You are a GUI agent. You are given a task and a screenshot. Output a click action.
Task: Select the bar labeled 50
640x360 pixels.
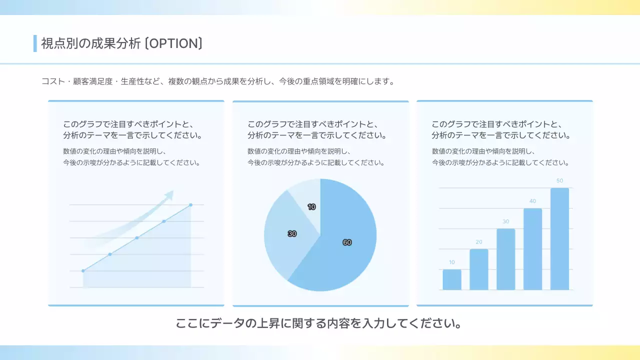[559, 239]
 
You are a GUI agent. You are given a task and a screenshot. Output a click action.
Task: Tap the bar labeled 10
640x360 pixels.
[452, 279]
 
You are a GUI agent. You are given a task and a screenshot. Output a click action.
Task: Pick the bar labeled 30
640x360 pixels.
[505, 259]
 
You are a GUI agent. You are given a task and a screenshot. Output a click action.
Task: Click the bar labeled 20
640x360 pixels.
[479, 269]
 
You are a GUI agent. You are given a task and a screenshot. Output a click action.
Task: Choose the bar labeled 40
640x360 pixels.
[532, 249]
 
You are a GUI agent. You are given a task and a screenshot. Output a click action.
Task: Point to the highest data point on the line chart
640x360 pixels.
[190, 204]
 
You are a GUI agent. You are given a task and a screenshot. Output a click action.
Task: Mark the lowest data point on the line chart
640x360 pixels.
[83, 271]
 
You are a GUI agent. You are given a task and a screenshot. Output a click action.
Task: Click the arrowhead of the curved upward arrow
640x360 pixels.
[170, 194]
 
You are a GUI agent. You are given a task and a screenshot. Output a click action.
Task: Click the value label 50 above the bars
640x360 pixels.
[559, 180]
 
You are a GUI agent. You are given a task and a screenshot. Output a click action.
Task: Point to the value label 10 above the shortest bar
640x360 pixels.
[452, 262]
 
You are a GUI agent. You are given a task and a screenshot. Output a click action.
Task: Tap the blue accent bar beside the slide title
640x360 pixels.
[35, 43]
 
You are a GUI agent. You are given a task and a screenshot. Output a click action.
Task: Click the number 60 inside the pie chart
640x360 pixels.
[347, 242]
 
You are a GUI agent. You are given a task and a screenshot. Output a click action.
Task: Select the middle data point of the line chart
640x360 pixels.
[137, 237]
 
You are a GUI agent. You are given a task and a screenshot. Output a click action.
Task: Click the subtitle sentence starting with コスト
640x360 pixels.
[218, 81]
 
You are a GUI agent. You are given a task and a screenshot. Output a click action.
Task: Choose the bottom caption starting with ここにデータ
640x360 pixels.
[318, 323]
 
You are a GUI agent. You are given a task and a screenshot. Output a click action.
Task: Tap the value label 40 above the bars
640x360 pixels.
[532, 201]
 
